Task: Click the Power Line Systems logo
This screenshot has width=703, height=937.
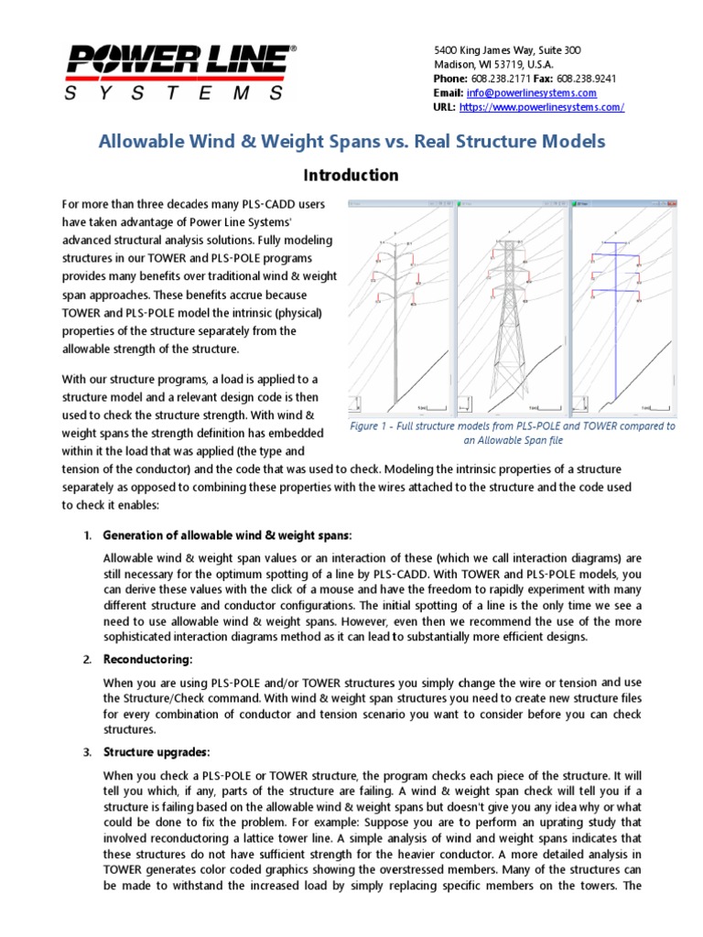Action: [178, 71]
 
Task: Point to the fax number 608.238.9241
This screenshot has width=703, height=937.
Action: [586, 79]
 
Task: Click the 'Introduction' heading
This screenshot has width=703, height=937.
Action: [351, 175]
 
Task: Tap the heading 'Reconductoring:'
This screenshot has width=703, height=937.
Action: [148, 660]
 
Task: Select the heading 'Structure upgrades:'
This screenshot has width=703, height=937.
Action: [157, 753]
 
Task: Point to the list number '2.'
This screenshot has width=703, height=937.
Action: [87, 660]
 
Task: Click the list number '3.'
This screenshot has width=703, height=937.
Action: [87, 753]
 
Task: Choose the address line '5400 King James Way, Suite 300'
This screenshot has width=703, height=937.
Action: [507, 49]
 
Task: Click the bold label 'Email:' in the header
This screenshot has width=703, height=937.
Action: [449, 93]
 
